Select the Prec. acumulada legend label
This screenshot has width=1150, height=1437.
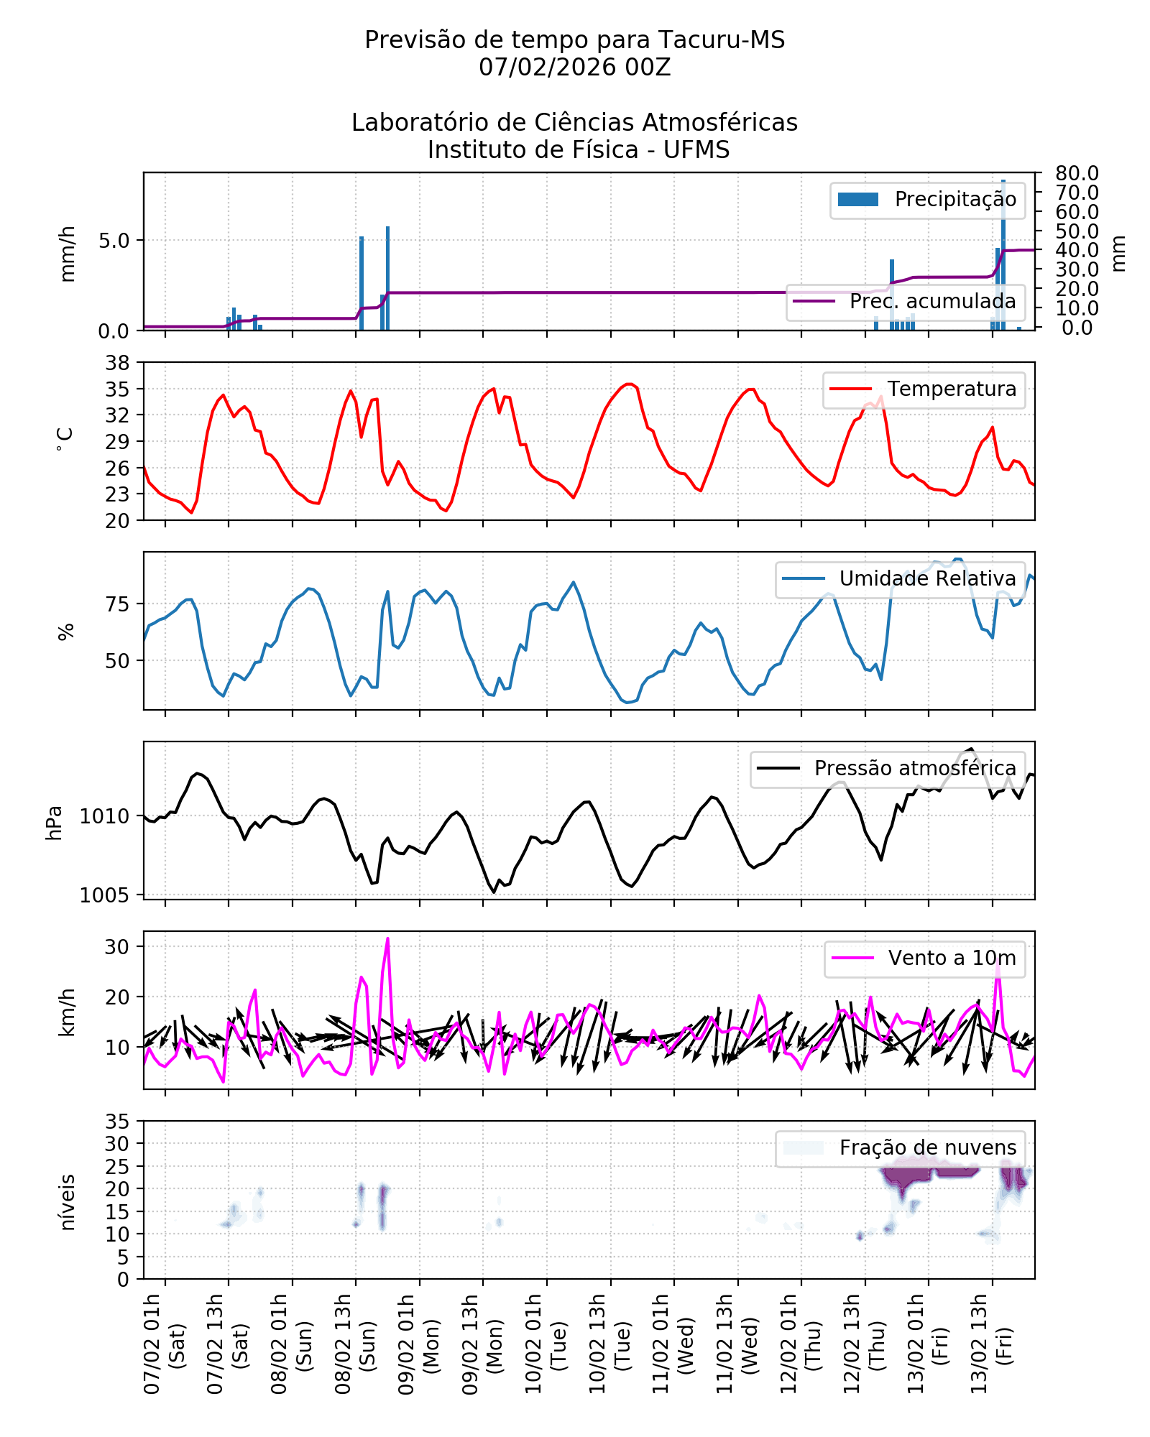coord(932,302)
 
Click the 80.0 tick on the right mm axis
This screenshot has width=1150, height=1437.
coord(1077,174)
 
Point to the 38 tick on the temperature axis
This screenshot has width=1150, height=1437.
coord(118,363)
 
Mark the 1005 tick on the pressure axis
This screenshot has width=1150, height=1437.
coord(105,895)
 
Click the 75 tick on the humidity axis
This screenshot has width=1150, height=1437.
coord(118,604)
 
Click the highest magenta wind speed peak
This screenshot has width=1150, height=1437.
coord(387,939)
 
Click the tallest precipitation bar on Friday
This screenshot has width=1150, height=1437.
coord(1003,182)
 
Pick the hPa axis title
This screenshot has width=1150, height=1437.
coord(54,823)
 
